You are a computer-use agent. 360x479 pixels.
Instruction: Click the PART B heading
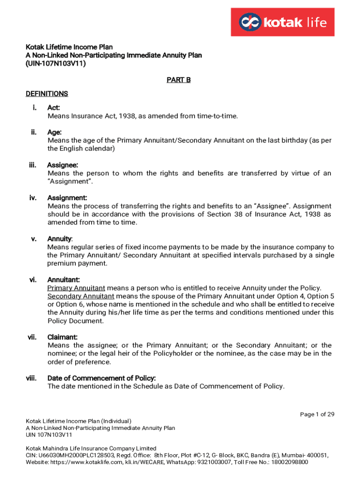pos(179,80)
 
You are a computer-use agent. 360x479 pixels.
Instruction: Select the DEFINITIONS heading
pos(47,94)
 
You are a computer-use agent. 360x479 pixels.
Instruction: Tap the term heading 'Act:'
pos(54,108)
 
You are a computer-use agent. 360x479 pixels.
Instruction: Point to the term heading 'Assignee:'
pos(63,165)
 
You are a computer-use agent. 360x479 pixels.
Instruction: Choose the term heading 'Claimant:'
pos(63,337)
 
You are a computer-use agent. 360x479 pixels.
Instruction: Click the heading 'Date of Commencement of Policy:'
pos(101,378)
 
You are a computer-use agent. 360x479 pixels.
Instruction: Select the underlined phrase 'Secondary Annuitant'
pos(81,296)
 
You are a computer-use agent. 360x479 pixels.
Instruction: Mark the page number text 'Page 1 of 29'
pos(317,414)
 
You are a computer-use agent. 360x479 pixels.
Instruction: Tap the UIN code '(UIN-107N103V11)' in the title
pos(56,64)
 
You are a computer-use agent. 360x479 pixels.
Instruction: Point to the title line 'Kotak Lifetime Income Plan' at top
pos(69,47)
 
